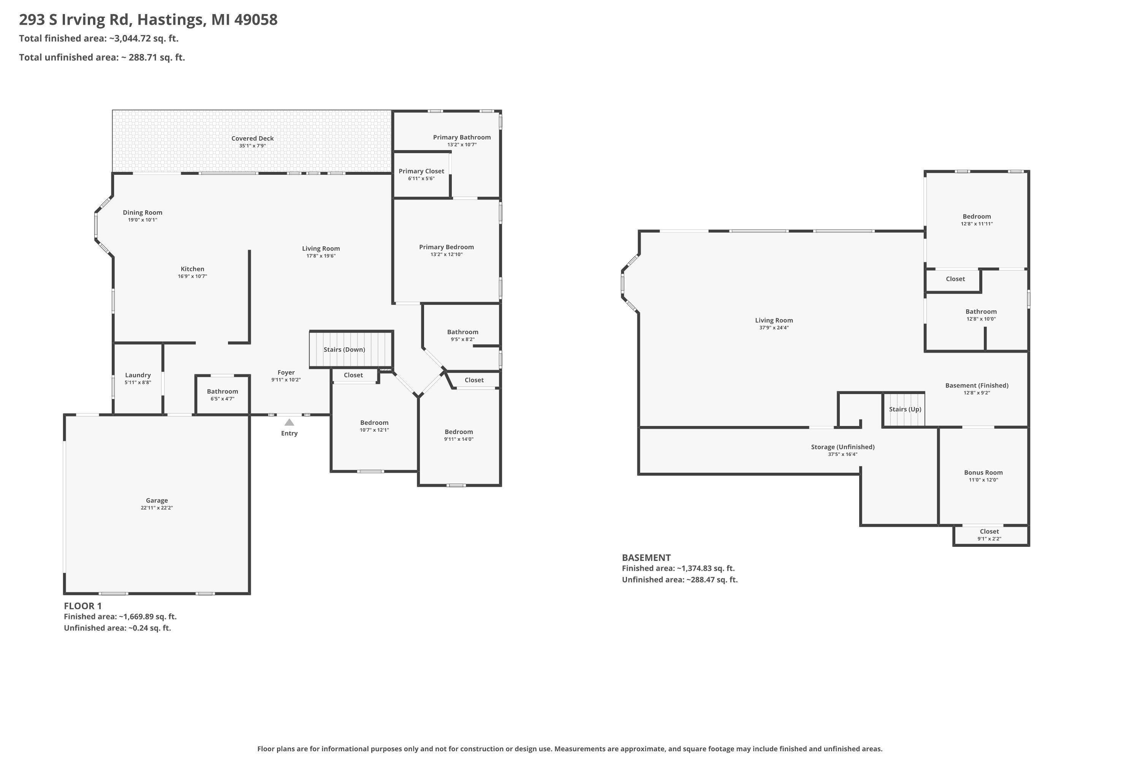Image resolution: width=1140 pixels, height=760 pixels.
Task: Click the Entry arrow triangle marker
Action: [x=289, y=422]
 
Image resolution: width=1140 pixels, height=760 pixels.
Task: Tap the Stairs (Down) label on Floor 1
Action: [x=344, y=350]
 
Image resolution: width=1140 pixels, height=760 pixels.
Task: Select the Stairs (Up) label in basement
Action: [x=905, y=409]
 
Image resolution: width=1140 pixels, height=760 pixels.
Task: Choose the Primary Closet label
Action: [x=421, y=171]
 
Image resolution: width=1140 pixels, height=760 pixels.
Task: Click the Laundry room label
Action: [x=138, y=375]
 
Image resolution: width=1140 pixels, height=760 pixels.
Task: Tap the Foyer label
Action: [x=286, y=373]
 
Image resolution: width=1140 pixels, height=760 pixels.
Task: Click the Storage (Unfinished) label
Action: [x=842, y=447]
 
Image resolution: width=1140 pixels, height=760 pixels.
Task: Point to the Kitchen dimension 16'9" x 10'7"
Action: [x=192, y=276]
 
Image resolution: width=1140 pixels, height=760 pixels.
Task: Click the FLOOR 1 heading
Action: [x=83, y=606]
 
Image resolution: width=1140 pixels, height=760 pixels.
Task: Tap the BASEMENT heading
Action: [x=646, y=557]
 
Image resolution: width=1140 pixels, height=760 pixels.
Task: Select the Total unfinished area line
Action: [x=102, y=57]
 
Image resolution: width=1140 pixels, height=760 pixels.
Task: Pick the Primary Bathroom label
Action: [x=461, y=138]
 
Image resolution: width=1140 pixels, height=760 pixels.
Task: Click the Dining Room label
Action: [x=142, y=212]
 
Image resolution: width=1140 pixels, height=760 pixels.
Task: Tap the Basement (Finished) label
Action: [x=977, y=385]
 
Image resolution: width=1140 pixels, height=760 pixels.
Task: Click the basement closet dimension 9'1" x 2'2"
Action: [x=989, y=538]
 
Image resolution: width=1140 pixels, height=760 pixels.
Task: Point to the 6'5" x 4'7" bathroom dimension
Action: [x=222, y=399]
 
